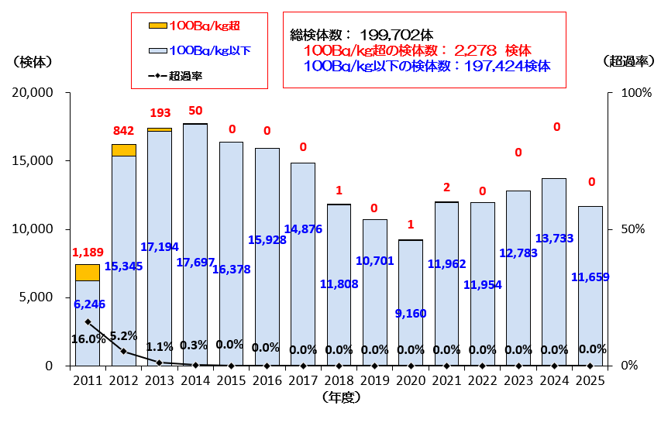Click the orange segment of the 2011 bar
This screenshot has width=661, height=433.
tap(87, 272)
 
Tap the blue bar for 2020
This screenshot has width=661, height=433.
tap(411, 279)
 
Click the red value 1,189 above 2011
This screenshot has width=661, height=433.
tap(87, 253)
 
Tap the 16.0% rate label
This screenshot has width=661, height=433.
tap(88, 338)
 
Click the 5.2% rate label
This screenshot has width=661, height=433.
tap(124, 335)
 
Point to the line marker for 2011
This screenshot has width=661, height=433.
tap(88, 321)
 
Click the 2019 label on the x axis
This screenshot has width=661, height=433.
tap(374, 381)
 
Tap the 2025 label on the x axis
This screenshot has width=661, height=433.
tap(590, 381)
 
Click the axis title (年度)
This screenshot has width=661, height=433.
tap(339, 397)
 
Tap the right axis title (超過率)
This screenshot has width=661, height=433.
tap(625, 60)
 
